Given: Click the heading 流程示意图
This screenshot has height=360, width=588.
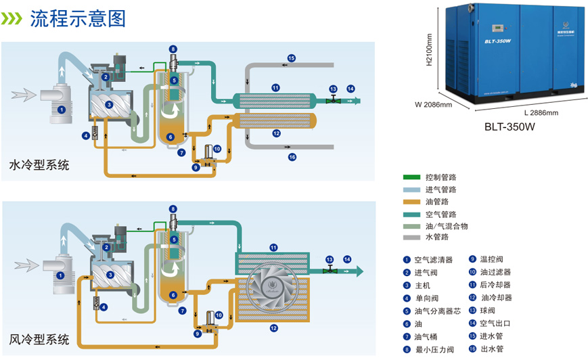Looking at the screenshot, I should pyautogui.click(x=78, y=18).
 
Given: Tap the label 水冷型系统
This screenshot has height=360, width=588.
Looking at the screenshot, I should pyautogui.click(x=39, y=164).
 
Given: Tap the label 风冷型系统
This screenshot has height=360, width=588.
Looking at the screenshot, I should pyautogui.click(x=39, y=339).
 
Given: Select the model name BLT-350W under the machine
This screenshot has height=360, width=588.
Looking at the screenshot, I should pyautogui.click(x=510, y=127).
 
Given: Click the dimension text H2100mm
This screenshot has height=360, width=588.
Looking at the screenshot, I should pyautogui.click(x=429, y=50).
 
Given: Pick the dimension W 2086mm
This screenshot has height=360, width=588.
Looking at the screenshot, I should pyautogui.click(x=433, y=105).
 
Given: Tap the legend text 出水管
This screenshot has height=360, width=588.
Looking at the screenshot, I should pyautogui.click(x=495, y=349).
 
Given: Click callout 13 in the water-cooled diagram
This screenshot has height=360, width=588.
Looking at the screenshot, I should pyautogui.click(x=333, y=89).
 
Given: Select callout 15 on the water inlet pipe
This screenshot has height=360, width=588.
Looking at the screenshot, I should pyautogui.click(x=292, y=58).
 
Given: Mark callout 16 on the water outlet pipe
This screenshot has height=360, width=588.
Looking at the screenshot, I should pyautogui.click(x=292, y=157).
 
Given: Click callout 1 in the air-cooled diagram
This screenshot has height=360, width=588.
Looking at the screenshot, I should pyautogui.click(x=60, y=275).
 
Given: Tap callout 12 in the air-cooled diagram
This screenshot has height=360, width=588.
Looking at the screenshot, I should pyautogui.click(x=274, y=328).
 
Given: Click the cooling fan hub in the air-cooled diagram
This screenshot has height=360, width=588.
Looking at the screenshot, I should pyautogui.click(x=273, y=285).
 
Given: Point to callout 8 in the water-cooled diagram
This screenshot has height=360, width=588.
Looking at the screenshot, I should pyautogui.click(x=173, y=49).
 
